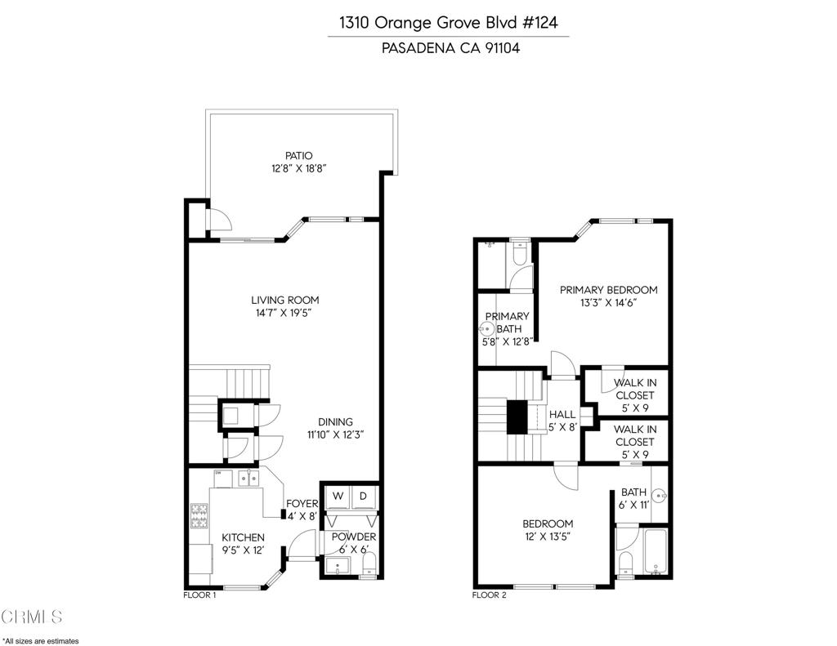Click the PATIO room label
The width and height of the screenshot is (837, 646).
click(x=298, y=155)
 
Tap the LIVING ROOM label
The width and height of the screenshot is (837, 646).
click(x=284, y=300)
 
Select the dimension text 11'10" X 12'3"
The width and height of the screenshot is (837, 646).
click(x=335, y=434)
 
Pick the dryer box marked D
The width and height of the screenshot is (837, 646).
click(x=364, y=496)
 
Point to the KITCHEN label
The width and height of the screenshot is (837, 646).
click(x=243, y=537)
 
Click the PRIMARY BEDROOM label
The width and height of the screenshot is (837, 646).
click(x=608, y=290)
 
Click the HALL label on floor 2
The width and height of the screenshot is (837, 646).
click(x=562, y=414)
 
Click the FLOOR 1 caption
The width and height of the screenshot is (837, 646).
click(x=199, y=595)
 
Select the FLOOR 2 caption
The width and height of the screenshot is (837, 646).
click(x=490, y=595)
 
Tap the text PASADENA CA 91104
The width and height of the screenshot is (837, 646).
click(x=450, y=48)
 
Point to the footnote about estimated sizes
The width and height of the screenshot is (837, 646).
click(x=41, y=640)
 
